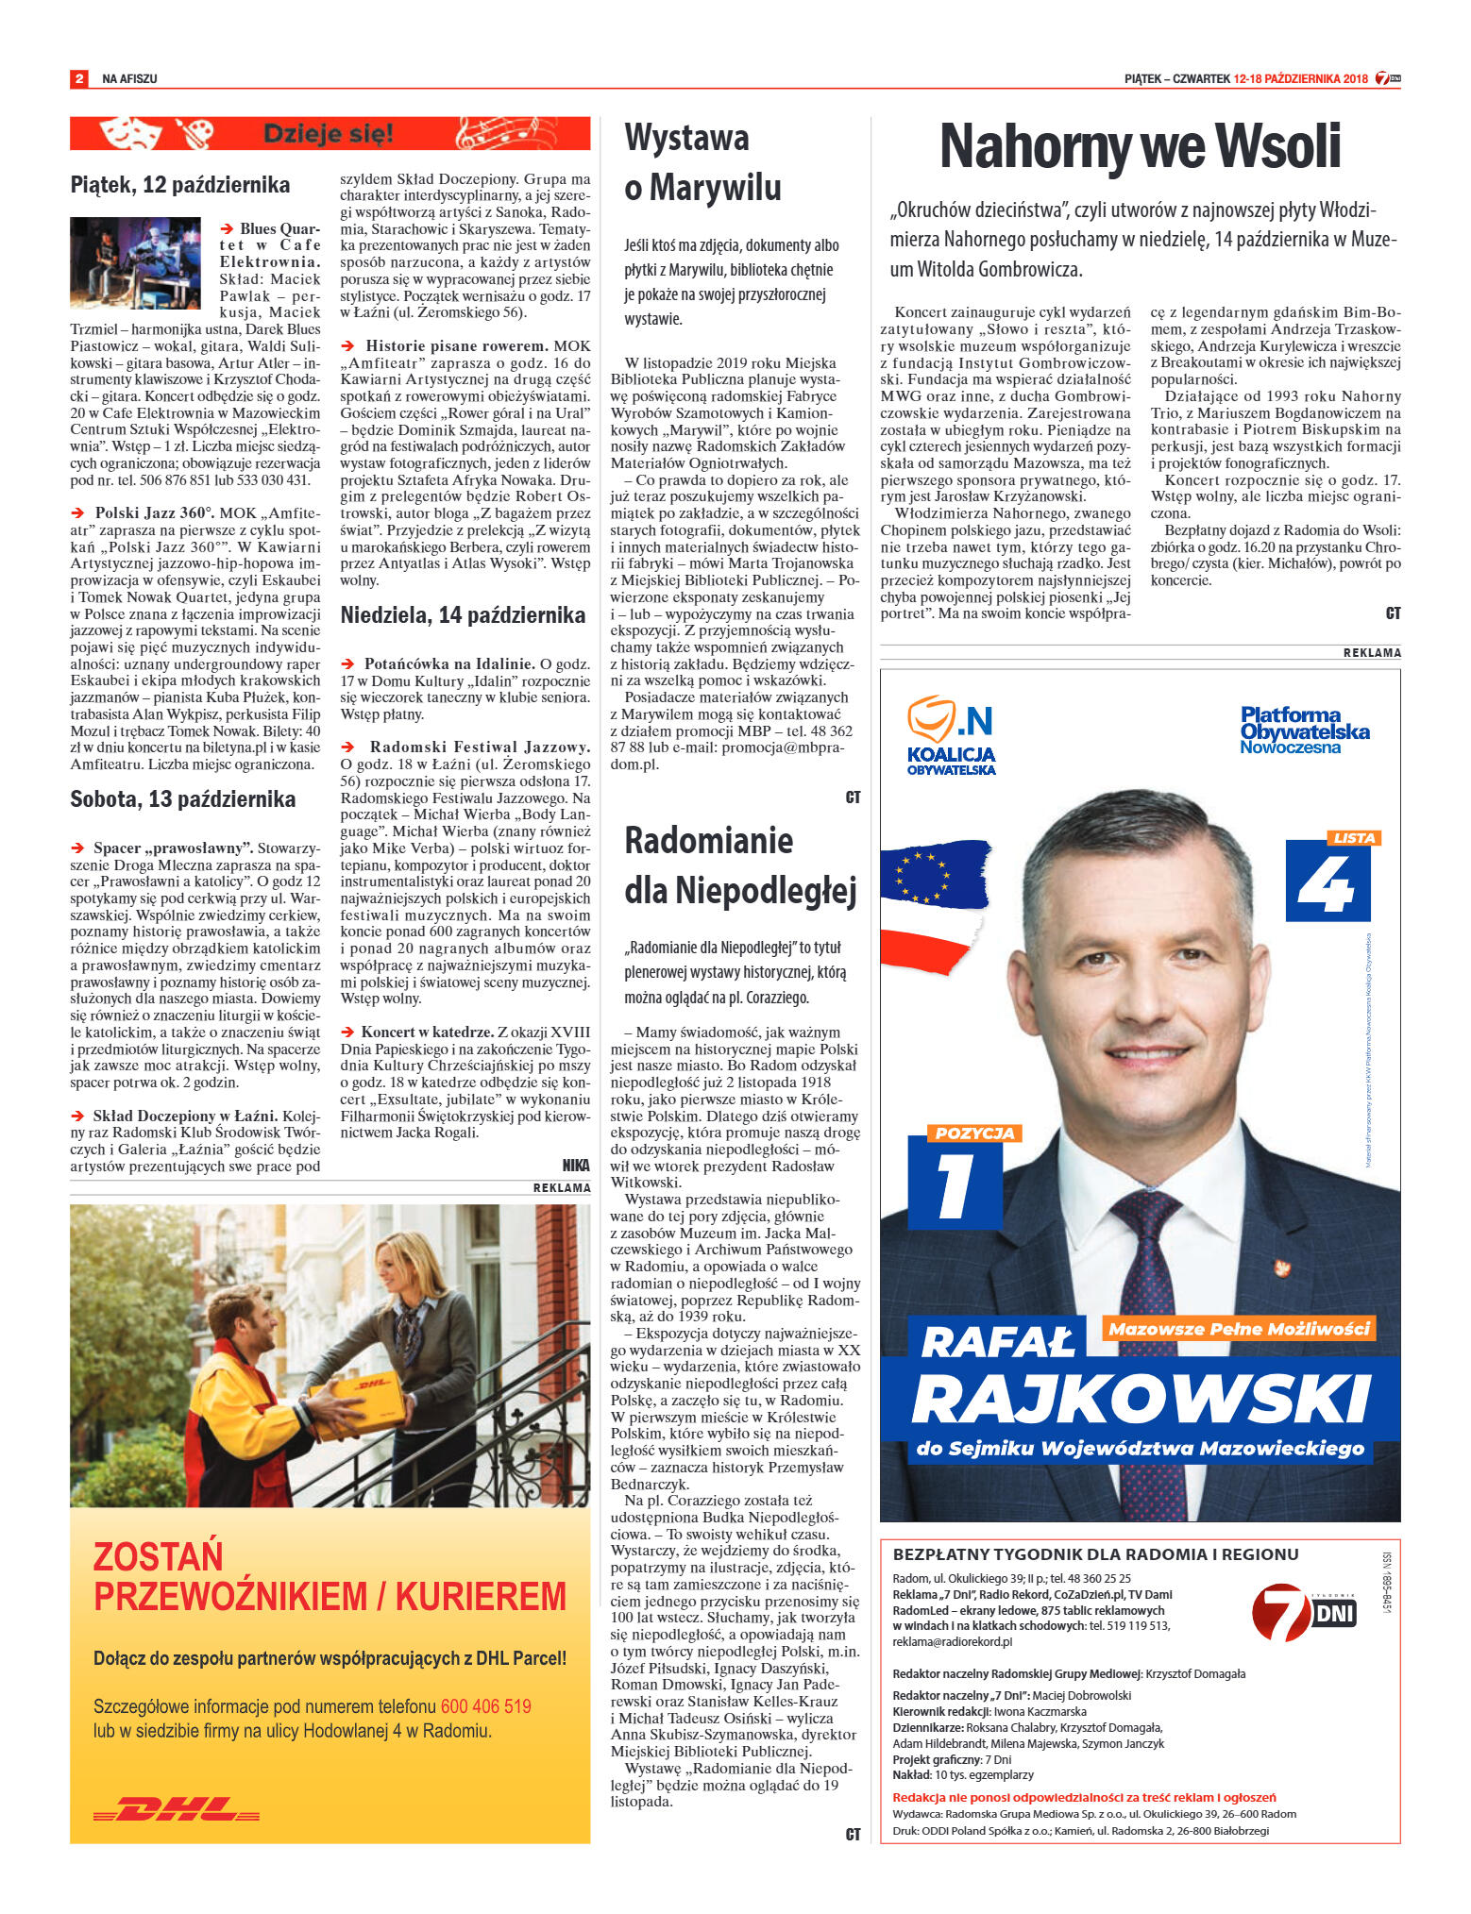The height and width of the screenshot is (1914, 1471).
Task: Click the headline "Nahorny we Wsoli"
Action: click(1140, 146)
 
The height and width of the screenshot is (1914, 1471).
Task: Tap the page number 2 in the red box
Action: click(79, 78)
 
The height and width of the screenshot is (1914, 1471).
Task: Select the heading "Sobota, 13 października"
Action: click(182, 799)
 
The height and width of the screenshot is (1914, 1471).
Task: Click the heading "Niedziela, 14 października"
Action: click(463, 615)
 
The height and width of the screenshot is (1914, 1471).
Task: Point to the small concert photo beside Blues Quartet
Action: click(135, 262)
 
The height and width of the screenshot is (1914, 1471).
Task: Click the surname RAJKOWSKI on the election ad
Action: click(1141, 1398)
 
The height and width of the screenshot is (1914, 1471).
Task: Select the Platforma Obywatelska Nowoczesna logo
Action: click(1304, 730)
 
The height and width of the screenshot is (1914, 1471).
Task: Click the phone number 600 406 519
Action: click(485, 1706)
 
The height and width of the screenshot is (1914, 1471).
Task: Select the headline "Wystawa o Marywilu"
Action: click(702, 162)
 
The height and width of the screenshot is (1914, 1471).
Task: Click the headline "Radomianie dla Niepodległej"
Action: click(739, 865)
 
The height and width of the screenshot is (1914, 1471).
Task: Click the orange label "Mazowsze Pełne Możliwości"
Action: click(1239, 1329)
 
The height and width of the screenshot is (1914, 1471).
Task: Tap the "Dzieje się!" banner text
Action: click(328, 134)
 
